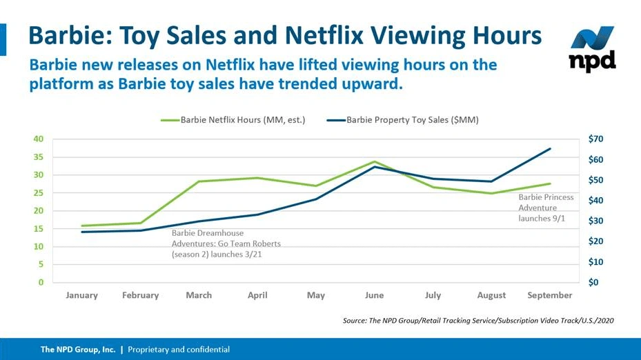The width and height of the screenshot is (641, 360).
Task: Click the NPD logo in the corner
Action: click(592, 50)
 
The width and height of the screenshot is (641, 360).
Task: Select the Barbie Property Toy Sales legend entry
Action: click(413, 119)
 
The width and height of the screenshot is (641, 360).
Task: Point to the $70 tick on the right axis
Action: click(598, 139)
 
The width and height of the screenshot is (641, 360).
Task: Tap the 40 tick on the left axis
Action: click(39, 139)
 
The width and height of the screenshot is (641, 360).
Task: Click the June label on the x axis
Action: click(374, 295)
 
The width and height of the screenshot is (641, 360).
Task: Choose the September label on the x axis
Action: click(550, 295)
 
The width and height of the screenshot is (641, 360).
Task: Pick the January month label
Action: click(82, 295)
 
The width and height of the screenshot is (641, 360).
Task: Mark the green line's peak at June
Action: click(374, 161)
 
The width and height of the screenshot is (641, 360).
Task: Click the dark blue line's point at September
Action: click(550, 149)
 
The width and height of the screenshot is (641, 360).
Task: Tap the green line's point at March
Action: click(199, 181)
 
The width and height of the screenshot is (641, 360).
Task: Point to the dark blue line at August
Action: click(491, 181)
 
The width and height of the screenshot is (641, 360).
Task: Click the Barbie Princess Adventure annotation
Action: click(546, 208)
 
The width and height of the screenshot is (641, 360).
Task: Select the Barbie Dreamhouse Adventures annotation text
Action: click(226, 243)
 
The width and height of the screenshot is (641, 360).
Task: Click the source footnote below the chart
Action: click(478, 321)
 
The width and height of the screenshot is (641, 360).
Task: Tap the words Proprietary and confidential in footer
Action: click(179, 350)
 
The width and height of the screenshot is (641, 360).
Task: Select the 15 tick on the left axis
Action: click(39, 228)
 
